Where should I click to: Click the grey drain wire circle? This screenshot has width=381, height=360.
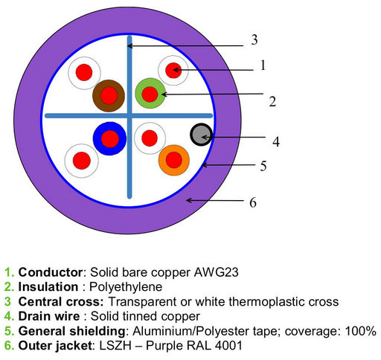[x=201, y=135]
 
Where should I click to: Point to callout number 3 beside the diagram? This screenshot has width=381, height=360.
[x=254, y=39]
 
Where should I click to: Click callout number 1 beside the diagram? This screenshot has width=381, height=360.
[x=263, y=65]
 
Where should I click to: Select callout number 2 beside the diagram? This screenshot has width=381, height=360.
[x=272, y=101]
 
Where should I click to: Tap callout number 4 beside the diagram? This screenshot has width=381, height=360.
[x=276, y=141]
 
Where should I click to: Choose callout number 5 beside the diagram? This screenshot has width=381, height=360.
[x=263, y=166]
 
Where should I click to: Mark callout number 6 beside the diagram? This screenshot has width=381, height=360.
[x=253, y=202]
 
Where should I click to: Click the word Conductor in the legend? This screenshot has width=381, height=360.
[x=51, y=272]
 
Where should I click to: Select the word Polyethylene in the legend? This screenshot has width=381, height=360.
[x=126, y=287]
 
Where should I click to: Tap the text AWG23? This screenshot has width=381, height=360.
[x=216, y=272]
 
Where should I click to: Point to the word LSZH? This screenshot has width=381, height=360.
[x=115, y=346]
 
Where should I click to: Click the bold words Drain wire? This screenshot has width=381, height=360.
[x=49, y=316]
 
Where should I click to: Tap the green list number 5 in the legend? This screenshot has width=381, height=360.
[x=8, y=331]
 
